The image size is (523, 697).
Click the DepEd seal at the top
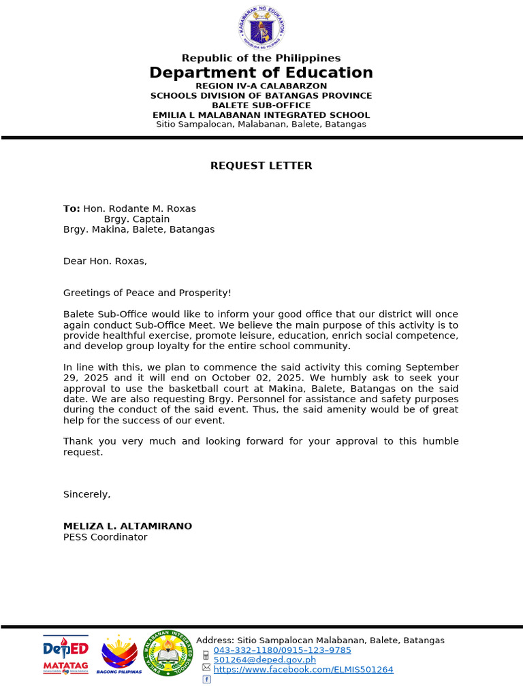261,29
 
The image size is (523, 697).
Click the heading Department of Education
261,73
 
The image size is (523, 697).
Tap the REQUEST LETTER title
261,165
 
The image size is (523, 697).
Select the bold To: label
72,209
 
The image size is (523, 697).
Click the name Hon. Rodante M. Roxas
140,209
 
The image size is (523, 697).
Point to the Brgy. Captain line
137,219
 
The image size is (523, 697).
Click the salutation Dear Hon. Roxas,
105,261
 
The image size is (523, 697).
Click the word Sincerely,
86,494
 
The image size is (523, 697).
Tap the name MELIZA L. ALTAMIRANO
127,526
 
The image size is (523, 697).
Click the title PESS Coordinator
105,537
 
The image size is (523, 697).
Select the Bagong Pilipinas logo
119,655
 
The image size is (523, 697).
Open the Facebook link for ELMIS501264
303,670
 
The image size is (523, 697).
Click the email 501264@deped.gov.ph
264,660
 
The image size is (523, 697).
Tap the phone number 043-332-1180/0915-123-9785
282,650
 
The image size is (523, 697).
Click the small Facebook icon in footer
206,679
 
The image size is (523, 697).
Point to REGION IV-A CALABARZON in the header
261,86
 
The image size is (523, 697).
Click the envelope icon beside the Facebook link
206,669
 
